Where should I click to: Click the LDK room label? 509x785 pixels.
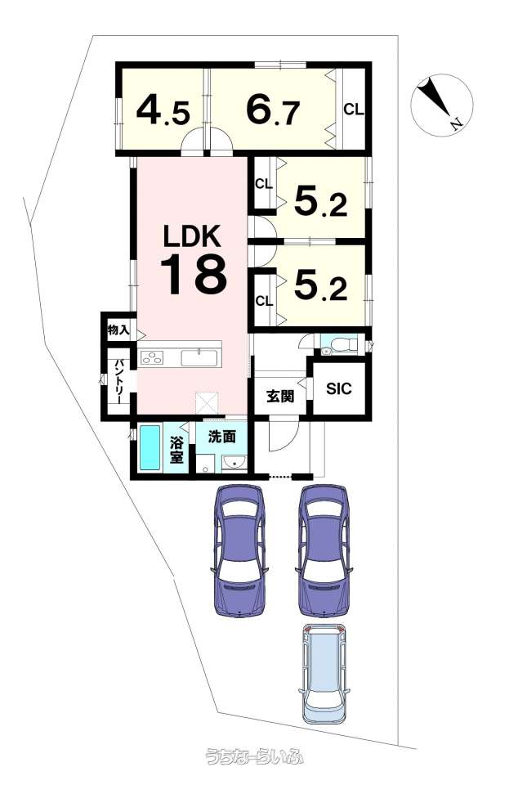click(193, 236)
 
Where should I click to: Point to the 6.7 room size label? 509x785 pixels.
click(273, 110)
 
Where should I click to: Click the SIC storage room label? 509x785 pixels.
click(338, 388)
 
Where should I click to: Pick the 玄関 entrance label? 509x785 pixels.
click(280, 396)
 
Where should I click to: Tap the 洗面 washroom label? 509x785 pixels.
click(221, 437)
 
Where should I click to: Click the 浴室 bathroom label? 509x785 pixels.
click(176, 450)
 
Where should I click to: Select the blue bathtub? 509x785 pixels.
click(150, 448)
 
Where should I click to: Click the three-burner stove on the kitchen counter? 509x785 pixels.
click(152, 358)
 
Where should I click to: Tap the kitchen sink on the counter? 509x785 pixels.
click(199, 358)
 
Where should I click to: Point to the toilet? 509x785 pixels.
click(340, 345)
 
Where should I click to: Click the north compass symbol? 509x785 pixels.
click(441, 104)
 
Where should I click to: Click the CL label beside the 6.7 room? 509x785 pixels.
click(354, 109)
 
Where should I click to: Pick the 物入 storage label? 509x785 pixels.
click(118, 330)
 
